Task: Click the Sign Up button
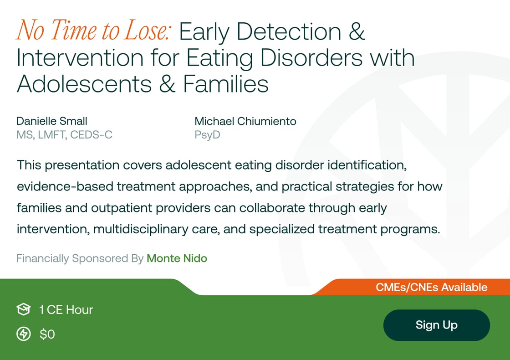point(436,325)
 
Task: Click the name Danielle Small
point(52,121)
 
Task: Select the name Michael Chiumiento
point(245,121)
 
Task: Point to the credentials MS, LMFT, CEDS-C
point(64,135)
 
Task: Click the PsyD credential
point(207,135)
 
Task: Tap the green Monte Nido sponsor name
point(177,258)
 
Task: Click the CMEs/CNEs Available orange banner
point(431,288)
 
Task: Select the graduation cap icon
point(23,310)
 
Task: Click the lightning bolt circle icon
point(23,334)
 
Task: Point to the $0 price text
point(47,334)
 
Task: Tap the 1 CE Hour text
point(66,310)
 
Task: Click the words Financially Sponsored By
point(80,258)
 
